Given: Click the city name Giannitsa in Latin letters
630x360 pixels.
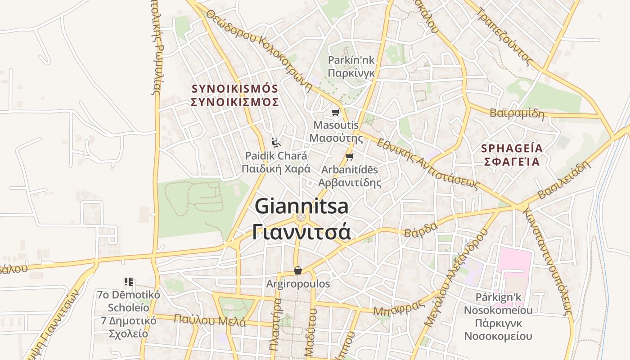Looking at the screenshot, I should click(x=301, y=207).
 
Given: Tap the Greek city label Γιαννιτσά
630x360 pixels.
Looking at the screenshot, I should click(x=301, y=232).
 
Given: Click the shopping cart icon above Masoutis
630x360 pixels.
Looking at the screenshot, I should click(x=335, y=112).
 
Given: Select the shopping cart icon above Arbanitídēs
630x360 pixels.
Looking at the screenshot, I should click(x=350, y=157).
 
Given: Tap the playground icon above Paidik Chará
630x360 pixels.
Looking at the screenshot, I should click(x=276, y=143).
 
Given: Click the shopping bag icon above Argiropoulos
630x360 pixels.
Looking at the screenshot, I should click(x=297, y=270).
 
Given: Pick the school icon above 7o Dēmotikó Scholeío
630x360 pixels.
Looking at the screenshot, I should click(x=129, y=282).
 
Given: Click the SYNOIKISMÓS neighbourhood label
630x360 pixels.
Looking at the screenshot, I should click(x=235, y=88).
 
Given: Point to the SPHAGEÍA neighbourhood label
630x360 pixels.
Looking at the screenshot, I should click(x=512, y=148).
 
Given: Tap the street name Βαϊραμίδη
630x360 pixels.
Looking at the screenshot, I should click(x=517, y=113).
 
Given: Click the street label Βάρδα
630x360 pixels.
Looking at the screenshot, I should click(x=420, y=229).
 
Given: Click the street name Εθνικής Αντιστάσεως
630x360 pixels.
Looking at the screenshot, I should click(x=427, y=163).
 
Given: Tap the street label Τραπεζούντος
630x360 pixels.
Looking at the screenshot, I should click(x=505, y=36).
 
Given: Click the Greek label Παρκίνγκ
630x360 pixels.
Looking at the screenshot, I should click(x=351, y=72).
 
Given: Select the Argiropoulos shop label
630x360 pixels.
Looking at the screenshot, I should click(x=298, y=284).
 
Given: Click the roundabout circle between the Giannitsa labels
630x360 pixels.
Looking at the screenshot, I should click(x=301, y=218).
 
